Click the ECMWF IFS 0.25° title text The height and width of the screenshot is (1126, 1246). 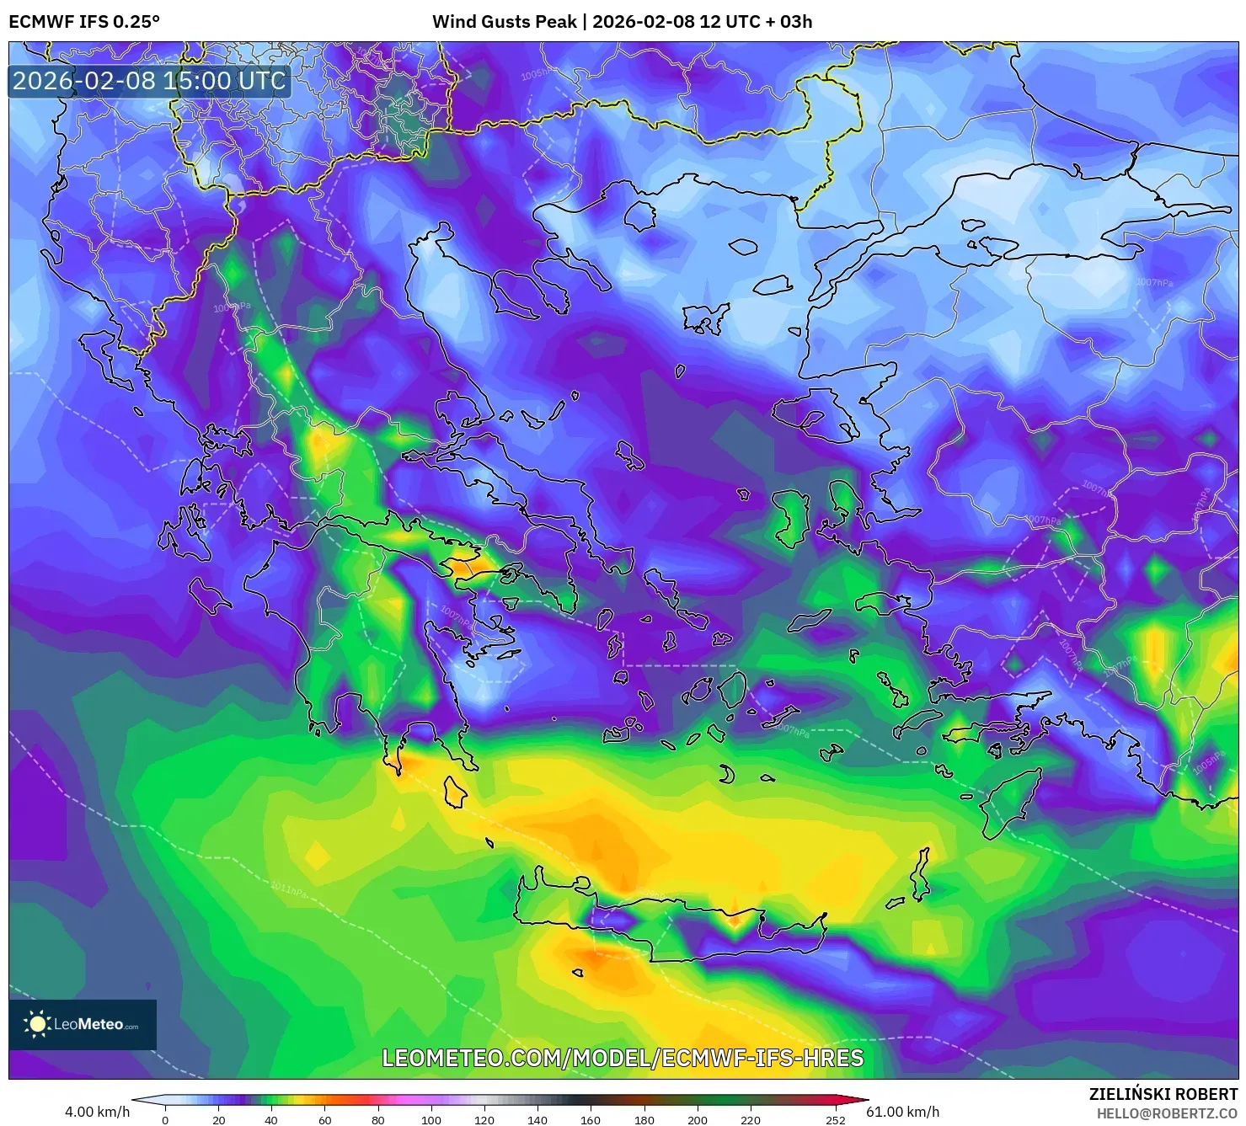click(x=84, y=22)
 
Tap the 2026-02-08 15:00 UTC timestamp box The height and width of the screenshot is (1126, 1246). click(x=149, y=81)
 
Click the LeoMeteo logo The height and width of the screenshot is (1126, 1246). click(x=83, y=1024)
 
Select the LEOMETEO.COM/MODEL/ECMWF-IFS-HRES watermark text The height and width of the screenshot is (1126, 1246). click(x=623, y=1058)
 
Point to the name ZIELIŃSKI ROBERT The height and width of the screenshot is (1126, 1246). click(x=1163, y=1095)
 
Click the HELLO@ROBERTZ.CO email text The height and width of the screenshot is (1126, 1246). click(x=1167, y=1113)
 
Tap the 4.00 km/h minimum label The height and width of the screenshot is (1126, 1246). click(x=97, y=1112)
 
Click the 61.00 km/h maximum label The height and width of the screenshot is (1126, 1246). click(x=902, y=1112)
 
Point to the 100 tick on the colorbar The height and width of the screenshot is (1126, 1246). click(x=430, y=1120)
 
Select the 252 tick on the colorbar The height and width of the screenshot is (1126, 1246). click(x=835, y=1120)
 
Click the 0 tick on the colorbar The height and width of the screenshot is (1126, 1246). click(x=165, y=1120)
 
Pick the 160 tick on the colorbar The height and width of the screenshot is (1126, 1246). click(x=591, y=1120)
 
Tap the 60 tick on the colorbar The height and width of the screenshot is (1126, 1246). click(x=324, y=1120)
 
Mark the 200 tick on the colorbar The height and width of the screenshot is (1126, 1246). click(x=697, y=1120)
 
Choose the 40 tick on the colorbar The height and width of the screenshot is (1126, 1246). click(x=271, y=1120)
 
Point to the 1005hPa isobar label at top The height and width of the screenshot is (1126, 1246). click(x=535, y=75)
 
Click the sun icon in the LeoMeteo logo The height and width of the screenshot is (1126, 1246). click(x=37, y=1024)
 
